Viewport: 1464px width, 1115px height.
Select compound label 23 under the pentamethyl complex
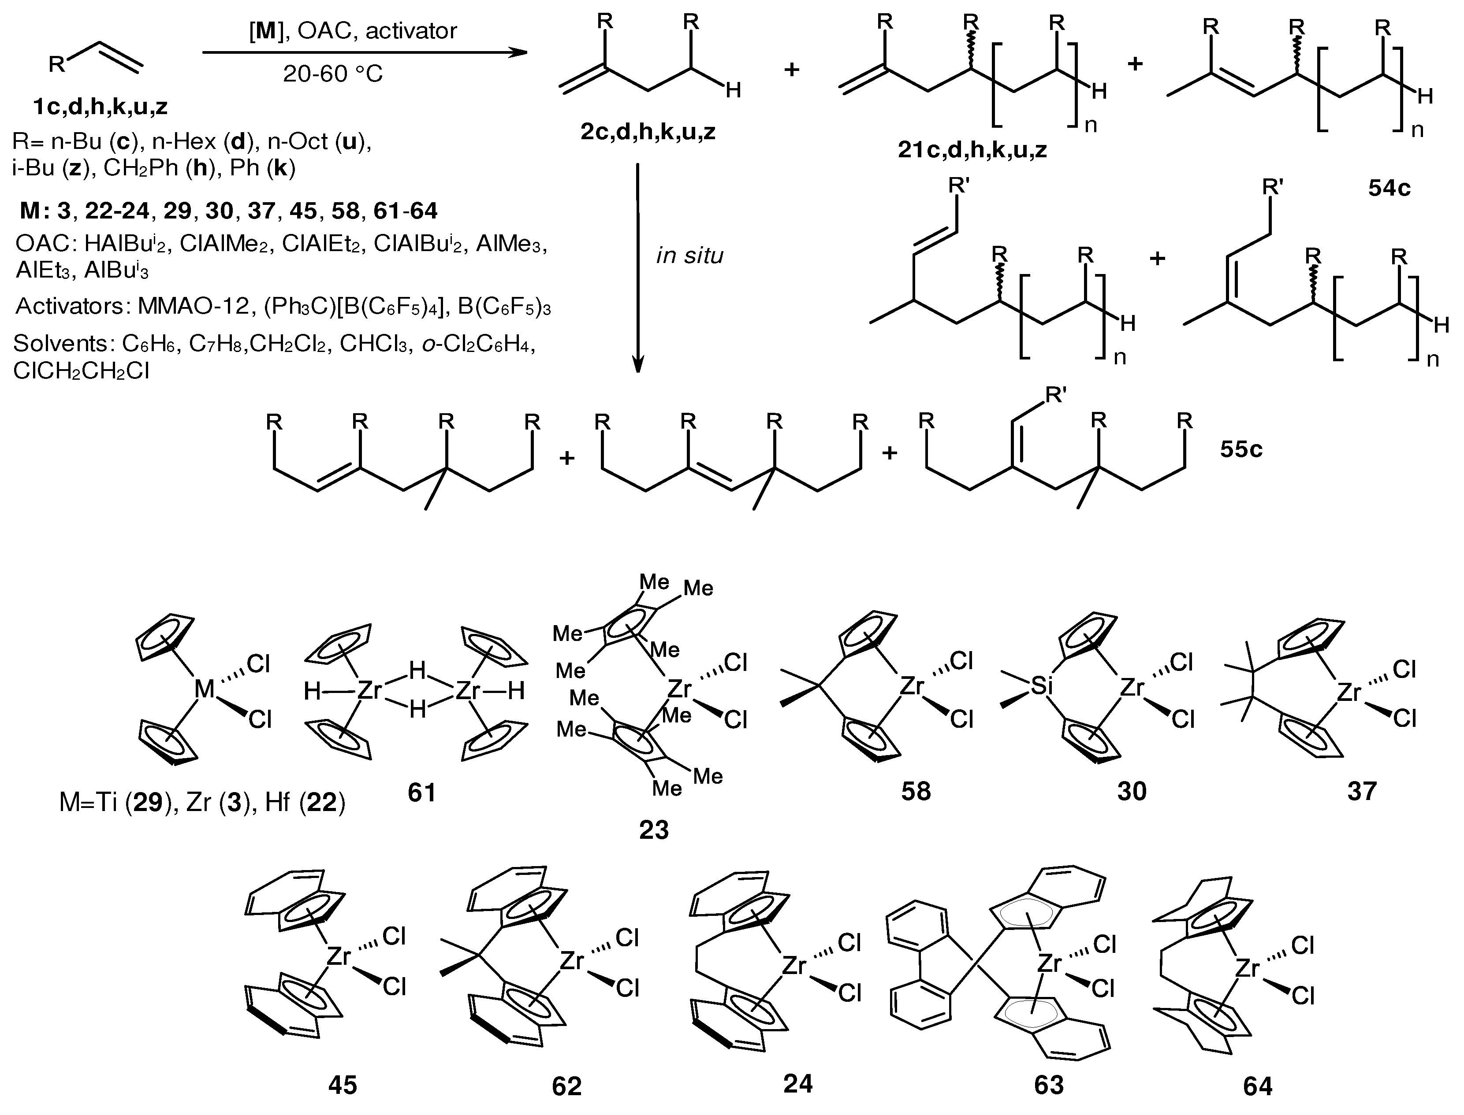[x=654, y=830]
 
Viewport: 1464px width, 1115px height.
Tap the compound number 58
[x=916, y=791]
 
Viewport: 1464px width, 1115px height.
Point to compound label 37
[x=1362, y=791]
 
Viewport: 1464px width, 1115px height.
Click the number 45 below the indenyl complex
[x=343, y=1085]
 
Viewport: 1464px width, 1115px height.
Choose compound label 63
[x=1049, y=1085]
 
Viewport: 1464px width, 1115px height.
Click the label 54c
[x=1389, y=189]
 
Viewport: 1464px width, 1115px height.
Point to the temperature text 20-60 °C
[x=333, y=74]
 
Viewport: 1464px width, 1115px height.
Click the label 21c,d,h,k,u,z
[x=972, y=150]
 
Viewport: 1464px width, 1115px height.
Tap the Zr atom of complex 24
[x=794, y=967]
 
